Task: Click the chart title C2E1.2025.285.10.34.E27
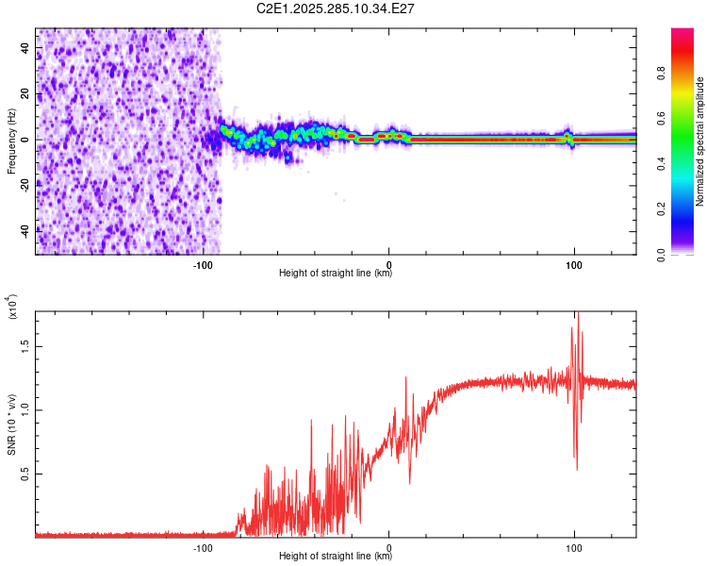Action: (337, 8)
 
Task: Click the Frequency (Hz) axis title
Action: (11, 141)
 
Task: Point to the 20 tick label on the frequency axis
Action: (25, 94)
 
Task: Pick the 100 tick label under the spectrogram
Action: (573, 266)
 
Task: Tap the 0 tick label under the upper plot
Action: (388, 266)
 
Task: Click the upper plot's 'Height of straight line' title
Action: (336, 274)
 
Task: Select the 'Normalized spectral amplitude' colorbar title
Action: (700, 141)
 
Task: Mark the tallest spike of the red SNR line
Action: (579, 315)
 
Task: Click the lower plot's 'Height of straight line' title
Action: (336, 556)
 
